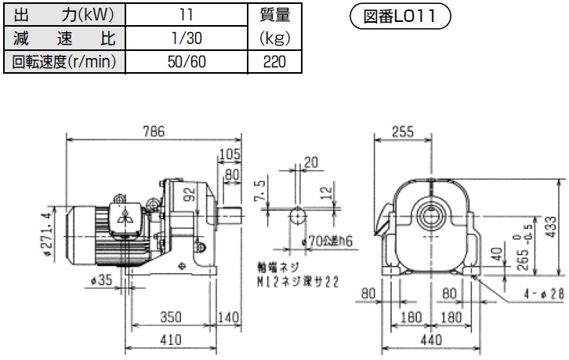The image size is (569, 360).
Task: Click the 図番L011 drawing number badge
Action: [x=400, y=16]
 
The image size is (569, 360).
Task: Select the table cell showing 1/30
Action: [x=187, y=38]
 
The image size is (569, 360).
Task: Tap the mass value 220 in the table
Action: [x=274, y=62]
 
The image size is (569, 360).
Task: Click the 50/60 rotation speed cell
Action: [x=187, y=62]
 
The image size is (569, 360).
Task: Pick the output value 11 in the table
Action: [x=187, y=15]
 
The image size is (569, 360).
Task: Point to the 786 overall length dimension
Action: [x=154, y=131]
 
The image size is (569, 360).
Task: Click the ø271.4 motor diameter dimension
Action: [x=47, y=235]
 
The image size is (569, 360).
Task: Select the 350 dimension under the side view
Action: [x=171, y=317]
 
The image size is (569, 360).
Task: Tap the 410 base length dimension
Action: [x=171, y=340]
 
